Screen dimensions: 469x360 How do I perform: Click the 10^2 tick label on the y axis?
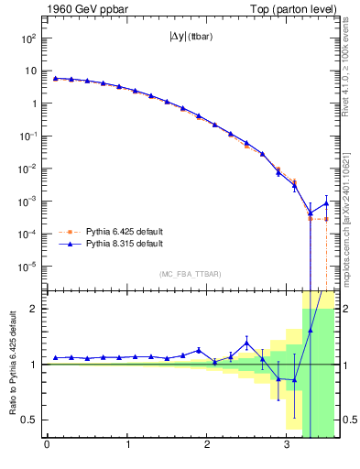(x=29, y=38)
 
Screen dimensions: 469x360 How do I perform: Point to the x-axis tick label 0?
(x=47, y=446)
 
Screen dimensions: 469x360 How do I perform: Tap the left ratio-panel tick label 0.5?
(x=30, y=420)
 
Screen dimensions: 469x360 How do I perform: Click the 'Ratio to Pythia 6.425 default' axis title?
(x=12, y=364)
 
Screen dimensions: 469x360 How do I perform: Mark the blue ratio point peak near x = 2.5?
(x=246, y=343)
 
